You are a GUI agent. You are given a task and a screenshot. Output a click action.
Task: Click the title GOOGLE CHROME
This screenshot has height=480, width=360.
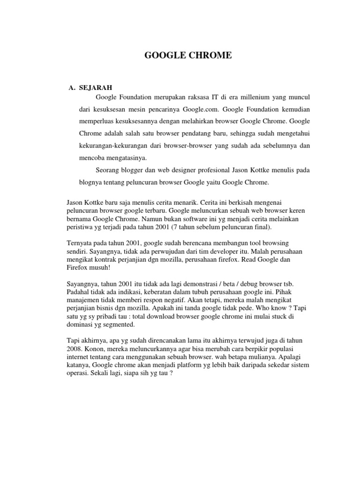187,56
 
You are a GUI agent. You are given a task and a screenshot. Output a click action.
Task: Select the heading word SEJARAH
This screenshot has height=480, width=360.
96,87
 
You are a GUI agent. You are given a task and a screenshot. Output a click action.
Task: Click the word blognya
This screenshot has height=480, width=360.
91,182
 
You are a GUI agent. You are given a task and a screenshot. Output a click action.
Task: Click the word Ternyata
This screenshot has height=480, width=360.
80,244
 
